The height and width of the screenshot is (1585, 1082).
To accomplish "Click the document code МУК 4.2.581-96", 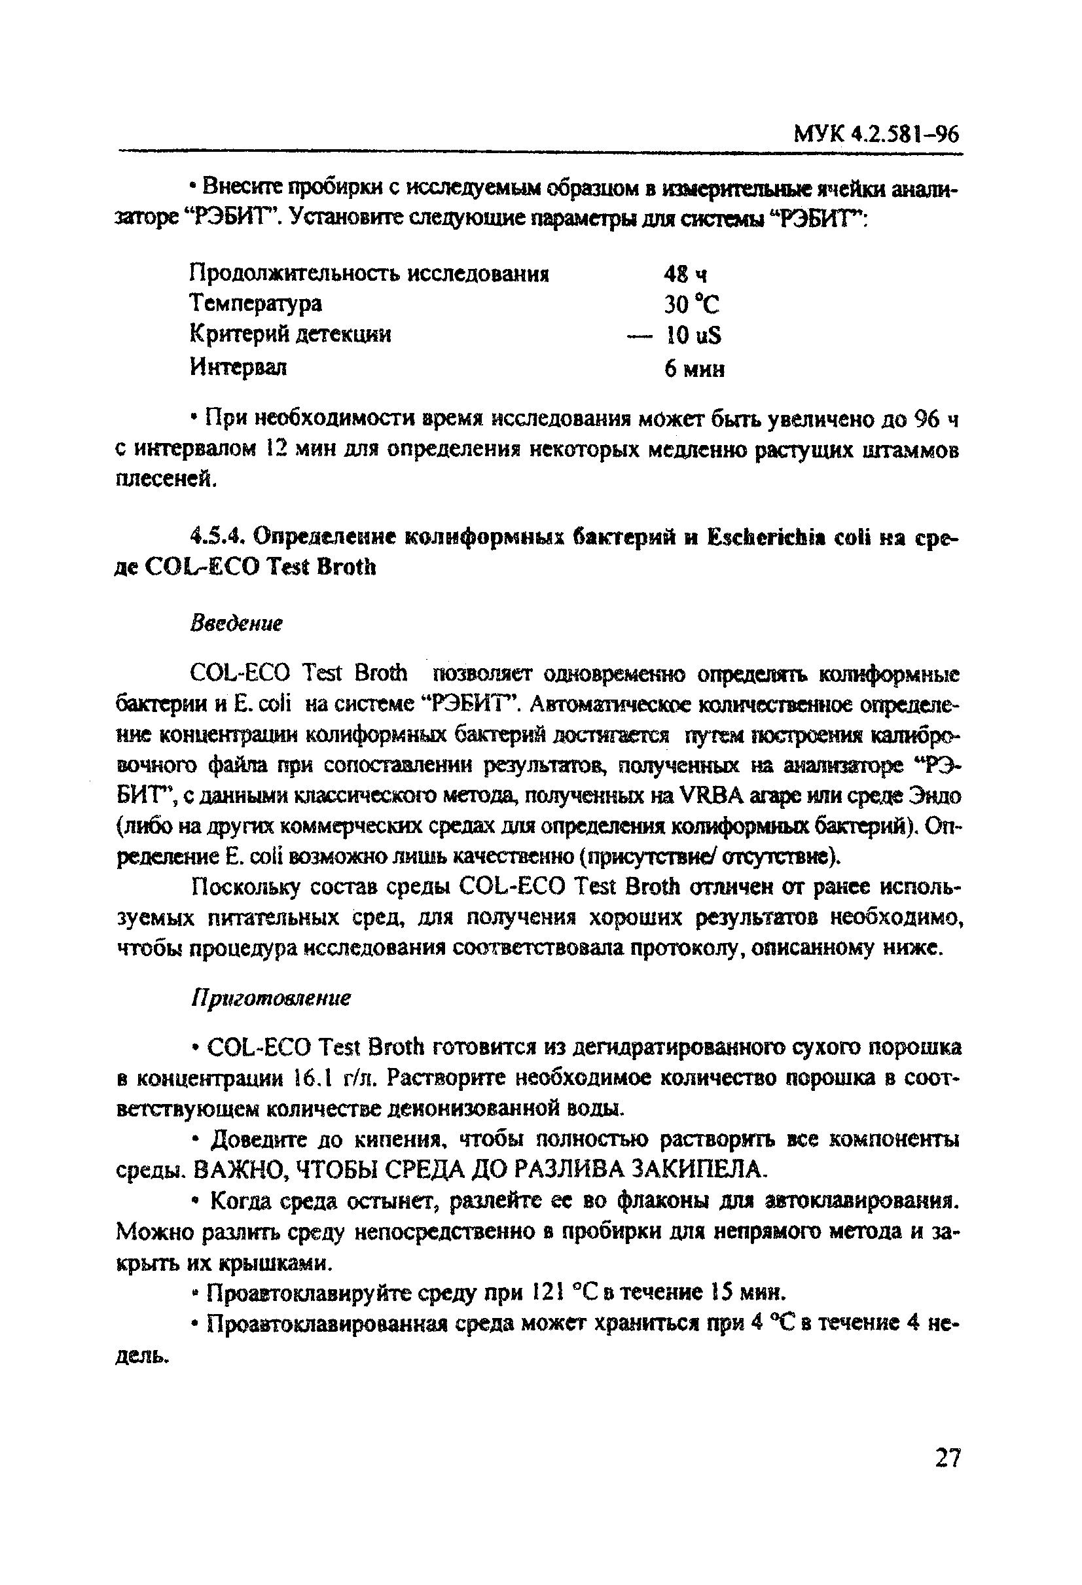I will [x=876, y=134].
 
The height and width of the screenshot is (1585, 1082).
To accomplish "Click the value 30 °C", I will [x=692, y=304].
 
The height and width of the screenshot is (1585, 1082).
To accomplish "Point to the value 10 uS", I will [x=693, y=335].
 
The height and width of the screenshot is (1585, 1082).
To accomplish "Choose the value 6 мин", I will [x=694, y=369].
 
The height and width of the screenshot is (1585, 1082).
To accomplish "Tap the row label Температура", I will [x=255, y=303].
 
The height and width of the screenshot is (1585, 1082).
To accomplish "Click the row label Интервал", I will [x=238, y=367].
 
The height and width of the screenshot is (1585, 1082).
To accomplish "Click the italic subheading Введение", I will [x=236, y=624].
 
